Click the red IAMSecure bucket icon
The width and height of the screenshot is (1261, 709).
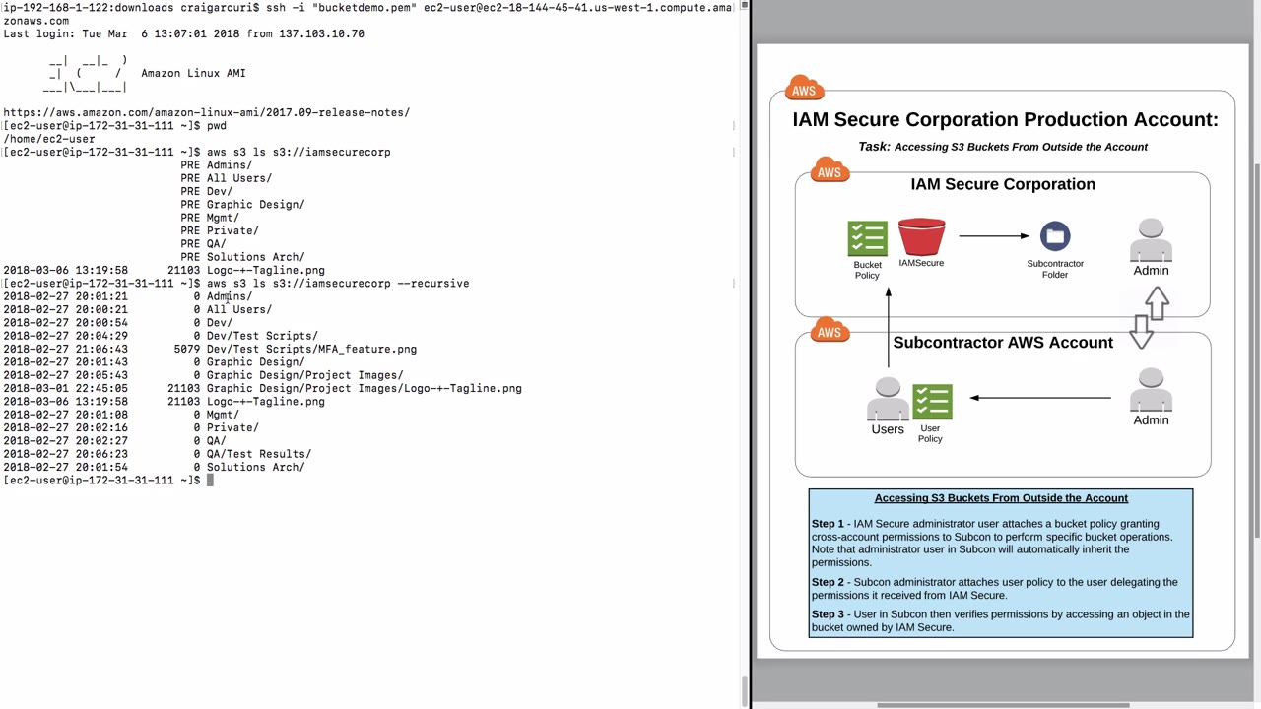coord(921,237)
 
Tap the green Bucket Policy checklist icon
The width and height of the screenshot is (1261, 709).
coord(867,239)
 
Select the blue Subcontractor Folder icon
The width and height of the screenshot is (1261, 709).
coord(1055,236)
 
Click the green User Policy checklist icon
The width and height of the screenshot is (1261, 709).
coord(932,402)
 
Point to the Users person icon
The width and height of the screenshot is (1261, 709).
coord(888,400)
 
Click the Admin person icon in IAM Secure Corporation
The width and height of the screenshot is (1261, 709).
coord(1151,240)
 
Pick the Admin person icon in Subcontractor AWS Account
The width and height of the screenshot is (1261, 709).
coord(1151,390)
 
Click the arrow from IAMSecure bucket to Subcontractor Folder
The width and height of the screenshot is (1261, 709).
coord(993,236)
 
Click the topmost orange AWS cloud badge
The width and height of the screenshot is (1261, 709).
coord(804,89)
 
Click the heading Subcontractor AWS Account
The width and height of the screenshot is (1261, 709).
coord(1003,343)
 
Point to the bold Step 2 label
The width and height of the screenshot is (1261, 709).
coord(828,582)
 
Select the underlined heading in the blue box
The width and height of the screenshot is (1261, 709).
coord(1001,498)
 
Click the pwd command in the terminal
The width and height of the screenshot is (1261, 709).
coord(216,126)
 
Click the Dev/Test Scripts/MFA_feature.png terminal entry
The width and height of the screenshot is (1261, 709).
coord(311,350)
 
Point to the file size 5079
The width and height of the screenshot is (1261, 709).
coord(186,350)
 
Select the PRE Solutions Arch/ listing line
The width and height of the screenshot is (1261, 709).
coord(242,257)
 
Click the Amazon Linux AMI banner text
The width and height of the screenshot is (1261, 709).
coord(193,73)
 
